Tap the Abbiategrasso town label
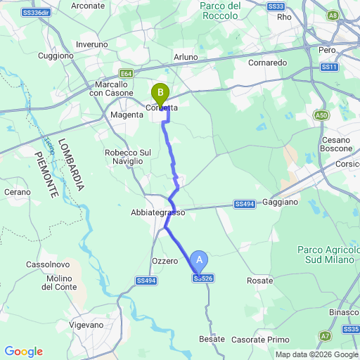157,212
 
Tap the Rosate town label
260,281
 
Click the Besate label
212,339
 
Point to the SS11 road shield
331,67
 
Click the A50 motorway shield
321,115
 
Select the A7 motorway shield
324,336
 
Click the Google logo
23,352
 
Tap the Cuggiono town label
56,55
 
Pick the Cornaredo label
268,62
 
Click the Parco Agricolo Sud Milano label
328,255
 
